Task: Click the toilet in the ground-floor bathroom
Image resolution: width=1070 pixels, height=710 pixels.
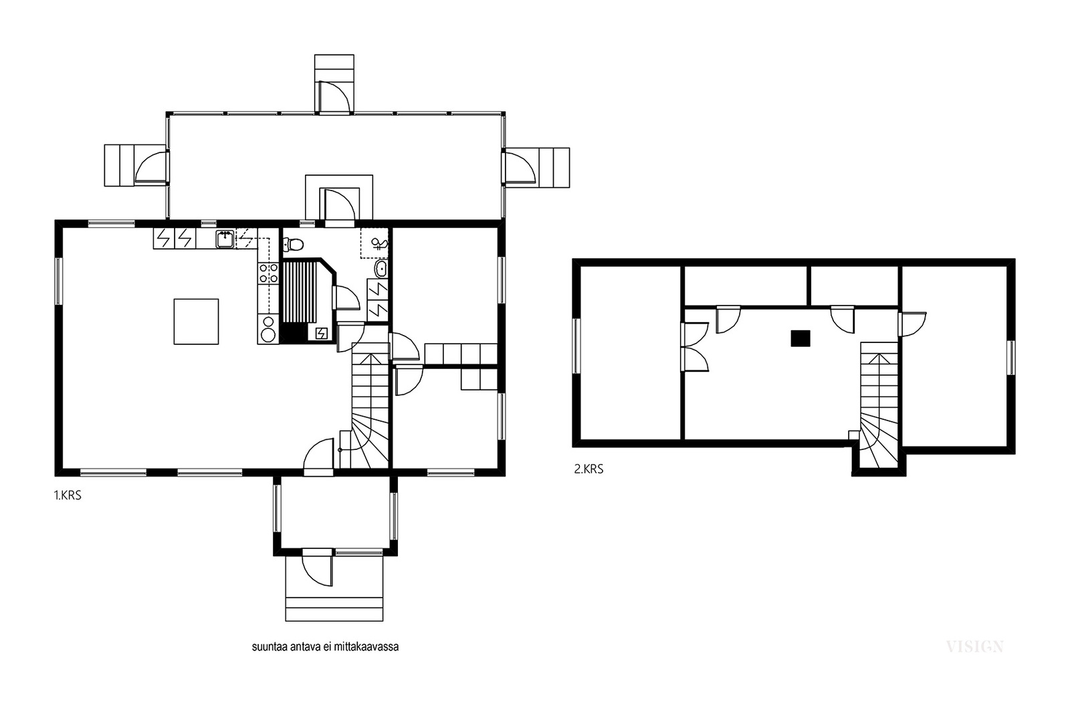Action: coord(294,245)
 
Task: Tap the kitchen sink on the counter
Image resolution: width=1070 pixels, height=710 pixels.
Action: coord(225,239)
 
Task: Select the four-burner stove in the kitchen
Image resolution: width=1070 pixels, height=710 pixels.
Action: coord(268,274)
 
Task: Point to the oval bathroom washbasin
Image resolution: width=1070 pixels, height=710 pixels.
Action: coord(381,269)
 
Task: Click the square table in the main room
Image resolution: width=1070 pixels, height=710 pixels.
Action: coord(197,322)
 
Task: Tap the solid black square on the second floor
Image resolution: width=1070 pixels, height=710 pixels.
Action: coord(800,338)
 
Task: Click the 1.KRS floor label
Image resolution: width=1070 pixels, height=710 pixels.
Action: coord(68,495)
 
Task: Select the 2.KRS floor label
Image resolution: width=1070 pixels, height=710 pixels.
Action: coord(588,469)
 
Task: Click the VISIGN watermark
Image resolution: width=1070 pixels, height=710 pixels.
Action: coord(974,647)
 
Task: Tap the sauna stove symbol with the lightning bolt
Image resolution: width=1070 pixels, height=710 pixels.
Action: coord(322,333)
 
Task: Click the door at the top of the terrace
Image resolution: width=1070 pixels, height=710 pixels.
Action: coord(334,98)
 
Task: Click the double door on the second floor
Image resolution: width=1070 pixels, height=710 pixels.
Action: coord(695,347)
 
